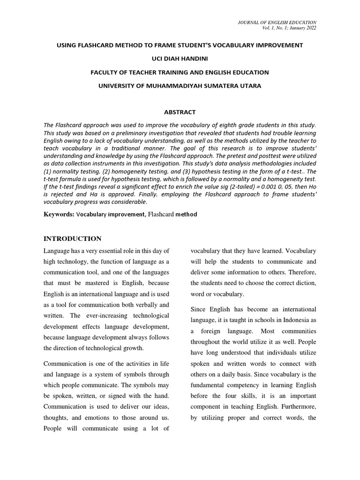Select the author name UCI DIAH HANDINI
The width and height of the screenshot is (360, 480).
(180, 59)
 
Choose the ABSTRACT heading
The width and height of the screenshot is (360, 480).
(180, 112)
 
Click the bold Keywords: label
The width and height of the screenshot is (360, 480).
(59, 214)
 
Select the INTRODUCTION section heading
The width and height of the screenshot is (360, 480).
(72, 239)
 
